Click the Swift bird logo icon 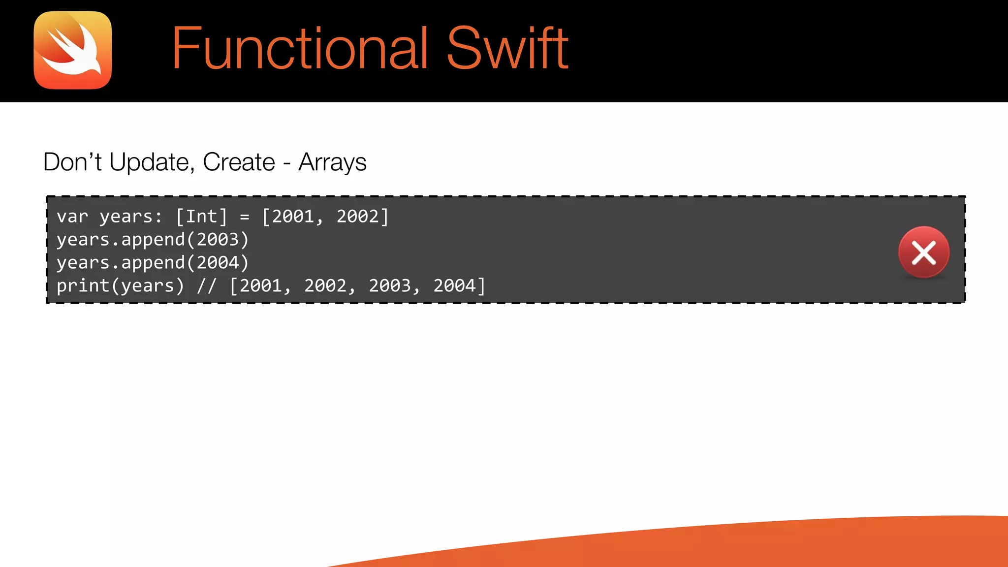tap(73, 50)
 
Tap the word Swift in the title tap(507, 48)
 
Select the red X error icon tap(923, 252)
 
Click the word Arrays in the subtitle tap(332, 162)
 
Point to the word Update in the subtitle tap(149, 162)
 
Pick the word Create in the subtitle tap(239, 162)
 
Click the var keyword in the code tap(72, 217)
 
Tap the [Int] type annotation tap(201, 217)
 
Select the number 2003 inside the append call tap(218, 240)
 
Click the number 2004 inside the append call tap(218, 263)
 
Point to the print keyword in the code tap(83, 286)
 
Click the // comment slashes tap(207, 286)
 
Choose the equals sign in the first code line tap(245, 217)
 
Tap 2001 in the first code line tap(293, 217)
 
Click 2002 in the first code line tap(357, 217)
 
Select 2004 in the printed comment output tap(454, 286)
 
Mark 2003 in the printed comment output tap(390, 286)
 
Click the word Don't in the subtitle tap(72, 162)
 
